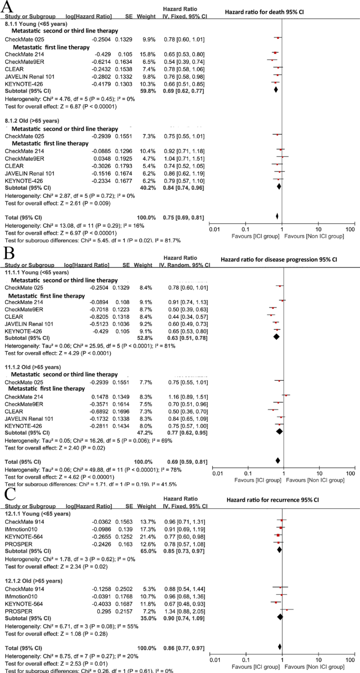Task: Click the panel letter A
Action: coord(8,9)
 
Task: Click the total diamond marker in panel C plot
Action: coord(280,646)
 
